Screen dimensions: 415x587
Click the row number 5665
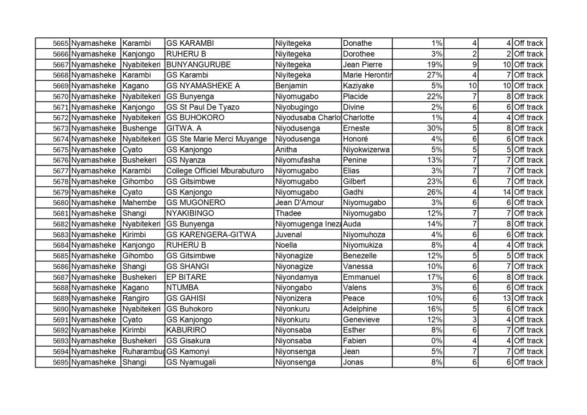pos(60,44)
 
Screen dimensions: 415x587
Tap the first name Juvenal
pos(291,234)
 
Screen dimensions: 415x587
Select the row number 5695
pos(60,362)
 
